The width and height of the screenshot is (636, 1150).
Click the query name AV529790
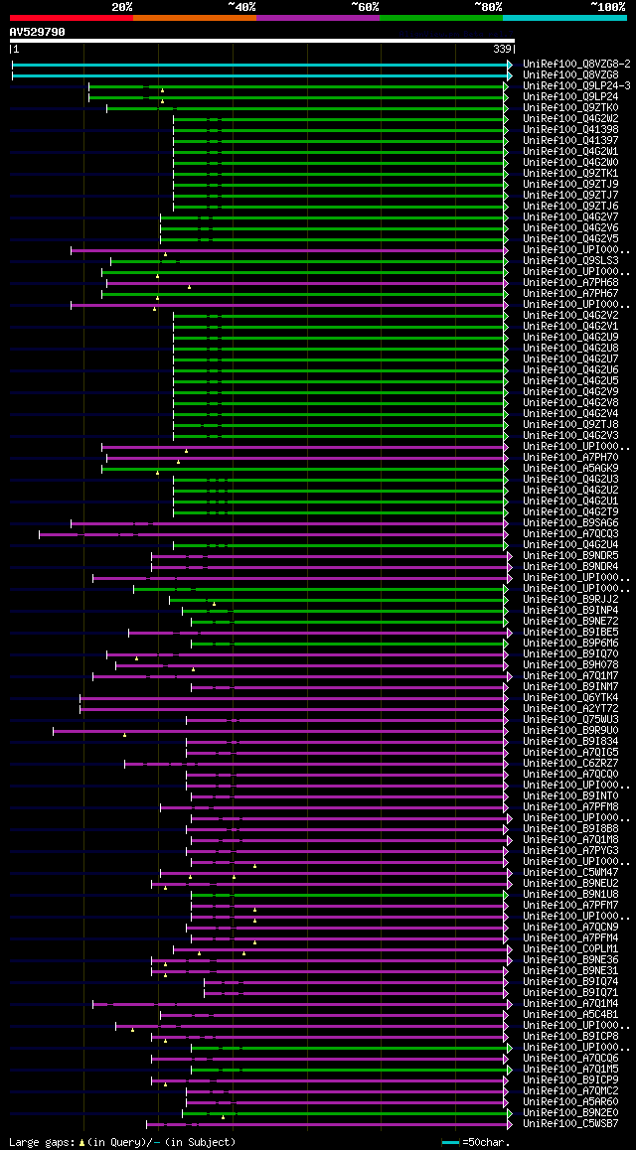38,32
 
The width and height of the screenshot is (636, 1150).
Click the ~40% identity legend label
241,7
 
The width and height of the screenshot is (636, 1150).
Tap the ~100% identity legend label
608,7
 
